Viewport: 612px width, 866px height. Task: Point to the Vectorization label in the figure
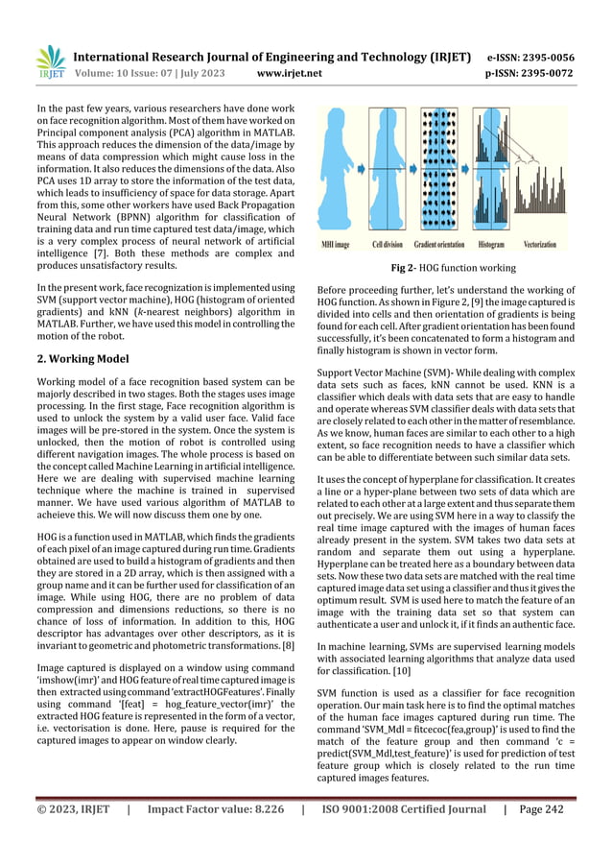548,245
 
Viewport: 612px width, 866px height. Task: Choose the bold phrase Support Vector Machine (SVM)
385,370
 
